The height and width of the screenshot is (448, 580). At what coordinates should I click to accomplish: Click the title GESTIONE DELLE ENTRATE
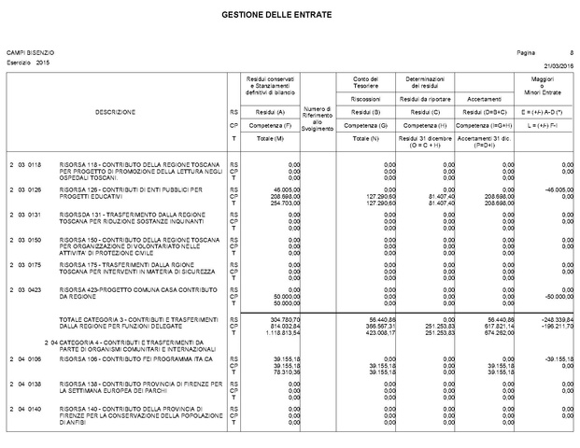[289, 17]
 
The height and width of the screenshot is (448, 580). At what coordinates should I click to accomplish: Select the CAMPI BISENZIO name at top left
[31, 53]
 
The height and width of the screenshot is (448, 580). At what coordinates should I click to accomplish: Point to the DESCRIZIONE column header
[115, 112]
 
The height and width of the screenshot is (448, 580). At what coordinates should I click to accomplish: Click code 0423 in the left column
[35, 291]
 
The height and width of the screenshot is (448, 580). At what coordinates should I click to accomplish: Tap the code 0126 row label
[35, 189]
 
